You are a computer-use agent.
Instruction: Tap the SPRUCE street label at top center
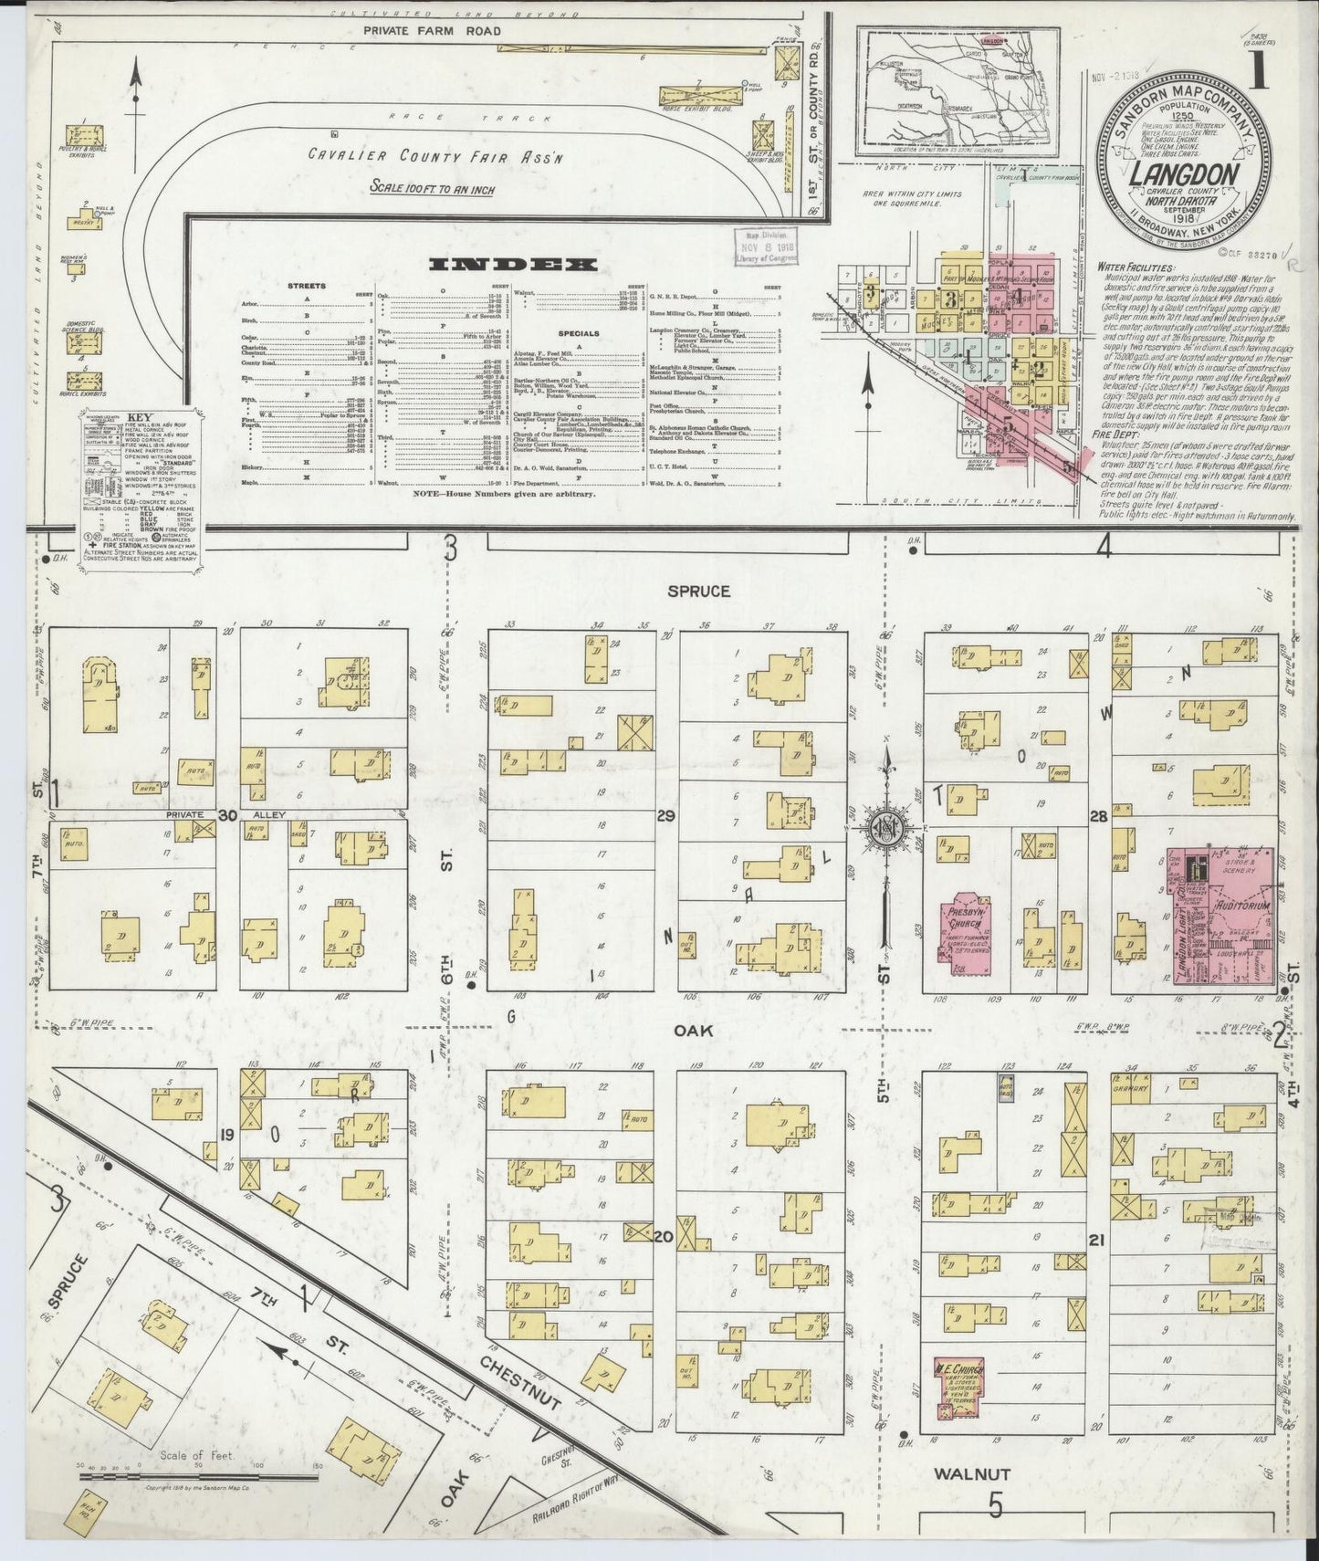698,592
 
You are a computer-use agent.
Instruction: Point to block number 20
663,1239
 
